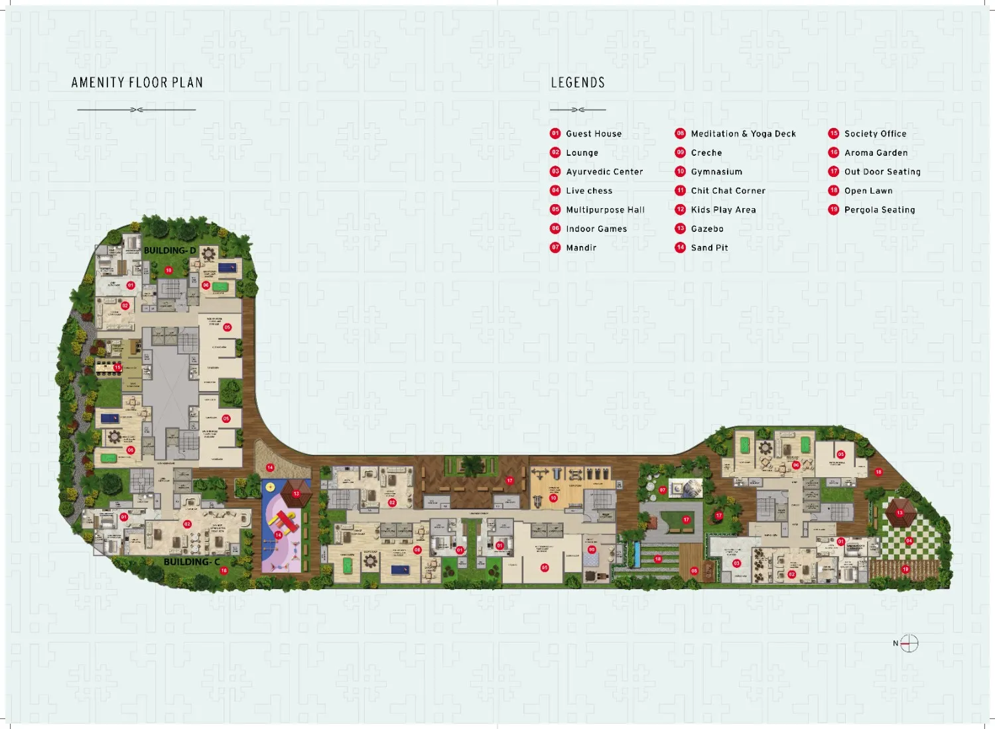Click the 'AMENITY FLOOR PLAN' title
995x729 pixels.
click(x=137, y=83)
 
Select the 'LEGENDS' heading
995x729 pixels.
click(x=577, y=83)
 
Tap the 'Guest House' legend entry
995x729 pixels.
click(x=593, y=134)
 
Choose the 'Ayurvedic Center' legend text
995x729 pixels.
click(x=604, y=172)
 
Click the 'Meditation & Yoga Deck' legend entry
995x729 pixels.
click(x=742, y=134)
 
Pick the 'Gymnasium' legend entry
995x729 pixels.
click(x=716, y=172)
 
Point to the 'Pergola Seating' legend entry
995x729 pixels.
click(x=879, y=210)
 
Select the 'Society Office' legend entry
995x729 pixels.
click(x=874, y=134)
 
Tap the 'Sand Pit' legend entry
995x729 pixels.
click(x=709, y=248)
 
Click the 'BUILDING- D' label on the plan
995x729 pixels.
click(x=170, y=251)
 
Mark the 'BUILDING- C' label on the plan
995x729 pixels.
click(x=192, y=562)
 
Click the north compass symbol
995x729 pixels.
click(x=909, y=644)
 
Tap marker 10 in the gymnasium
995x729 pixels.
click(x=553, y=498)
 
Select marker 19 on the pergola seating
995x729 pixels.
click(x=905, y=569)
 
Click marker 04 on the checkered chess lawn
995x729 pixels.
click(x=909, y=541)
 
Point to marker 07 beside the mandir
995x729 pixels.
click(x=662, y=490)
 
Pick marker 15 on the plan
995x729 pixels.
click(x=117, y=367)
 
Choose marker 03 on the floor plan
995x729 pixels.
click(x=736, y=563)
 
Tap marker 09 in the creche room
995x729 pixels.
click(x=592, y=549)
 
